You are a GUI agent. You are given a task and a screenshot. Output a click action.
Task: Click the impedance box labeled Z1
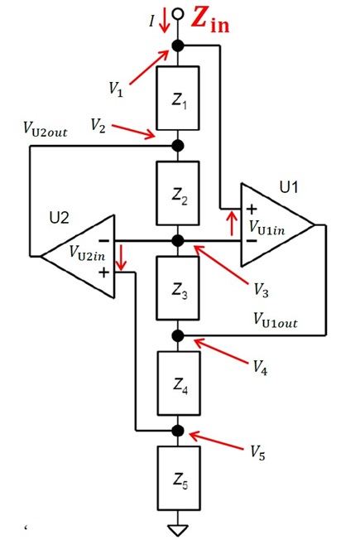pyautogui.click(x=178, y=99)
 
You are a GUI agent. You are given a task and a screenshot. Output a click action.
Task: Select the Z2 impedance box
pyautogui.click(x=178, y=193)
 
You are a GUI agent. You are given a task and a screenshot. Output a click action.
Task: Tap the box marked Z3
pyautogui.click(x=178, y=288)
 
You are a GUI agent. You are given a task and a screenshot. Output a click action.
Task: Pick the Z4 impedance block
pyautogui.click(x=179, y=383)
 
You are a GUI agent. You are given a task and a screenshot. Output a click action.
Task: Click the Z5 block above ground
pyautogui.click(x=179, y=478)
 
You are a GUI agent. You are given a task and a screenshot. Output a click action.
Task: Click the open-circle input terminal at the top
pyautogui.click(x=178, y=14)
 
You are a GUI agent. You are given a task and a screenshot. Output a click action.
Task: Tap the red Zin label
pyautogui.click(x=210, y=20)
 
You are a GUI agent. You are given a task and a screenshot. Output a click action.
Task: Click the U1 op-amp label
pyautogui.click(x=288, y=187)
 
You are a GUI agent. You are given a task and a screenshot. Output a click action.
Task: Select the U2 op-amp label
pyautogui.click(x=60, y=218)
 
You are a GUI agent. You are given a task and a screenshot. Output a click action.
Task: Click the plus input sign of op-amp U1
pyautogui.click(x=252, y=209)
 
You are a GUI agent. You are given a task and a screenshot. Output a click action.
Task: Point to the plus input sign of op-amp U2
pyautogui.click(x=104, y=272)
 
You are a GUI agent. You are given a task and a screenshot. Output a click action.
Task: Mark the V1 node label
pyautogui.click(x=116, y=89)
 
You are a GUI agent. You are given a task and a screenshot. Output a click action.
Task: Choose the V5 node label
pyautogui.click(x=257, y=452)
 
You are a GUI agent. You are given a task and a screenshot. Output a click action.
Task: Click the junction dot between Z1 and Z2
pyautogui.click(x=178, y=146)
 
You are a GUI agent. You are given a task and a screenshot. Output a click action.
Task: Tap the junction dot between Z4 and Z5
pyautogui.click(x=178, y=431)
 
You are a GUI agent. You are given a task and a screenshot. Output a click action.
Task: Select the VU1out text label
pyautogui.click(x=276, y=320)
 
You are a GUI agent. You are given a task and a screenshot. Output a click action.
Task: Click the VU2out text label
pyautogui.click(x=45, y=129)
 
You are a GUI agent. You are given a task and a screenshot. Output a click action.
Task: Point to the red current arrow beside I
pyautogui.click(x=165, y=23)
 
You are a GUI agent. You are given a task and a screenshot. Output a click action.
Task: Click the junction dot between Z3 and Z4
pyautogui.click(x=178, y=335)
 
